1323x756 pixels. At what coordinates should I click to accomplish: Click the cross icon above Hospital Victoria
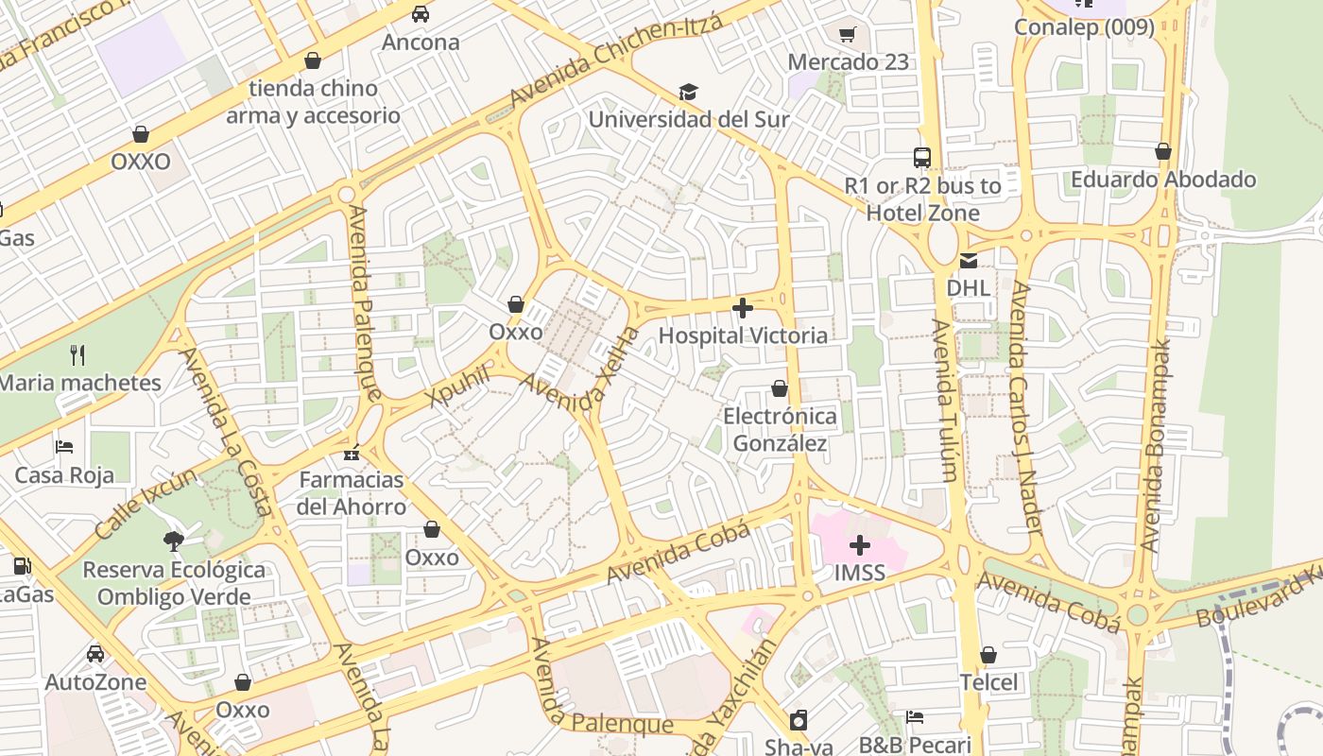[x=743, y=307]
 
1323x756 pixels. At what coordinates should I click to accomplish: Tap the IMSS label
[x=860, y=573]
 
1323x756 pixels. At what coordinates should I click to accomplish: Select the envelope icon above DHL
[x=969, y=261]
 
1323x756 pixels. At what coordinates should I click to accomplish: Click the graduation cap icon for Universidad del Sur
[x=688, y=92]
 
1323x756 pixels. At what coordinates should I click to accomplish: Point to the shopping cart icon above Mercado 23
[x=848, y=34]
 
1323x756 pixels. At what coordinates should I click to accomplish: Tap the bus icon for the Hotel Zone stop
[x=922, y=158]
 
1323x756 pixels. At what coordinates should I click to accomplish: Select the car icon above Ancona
[x=421, y=14]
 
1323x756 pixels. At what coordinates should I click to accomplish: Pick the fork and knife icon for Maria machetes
[x=77, y=355]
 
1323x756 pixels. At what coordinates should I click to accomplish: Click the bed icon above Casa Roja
[x=64, y=446]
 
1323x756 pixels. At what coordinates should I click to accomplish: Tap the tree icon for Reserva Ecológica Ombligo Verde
[x=173, y=541]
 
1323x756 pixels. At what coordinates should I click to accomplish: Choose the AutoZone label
[x=95, y=682]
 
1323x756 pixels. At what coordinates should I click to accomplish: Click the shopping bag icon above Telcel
[x=988, y=655]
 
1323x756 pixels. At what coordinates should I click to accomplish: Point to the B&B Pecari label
[x=915, y=745]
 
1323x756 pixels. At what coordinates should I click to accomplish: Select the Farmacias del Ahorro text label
[x=352, y=493]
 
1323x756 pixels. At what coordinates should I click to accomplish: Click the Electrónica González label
[x=780, y=430]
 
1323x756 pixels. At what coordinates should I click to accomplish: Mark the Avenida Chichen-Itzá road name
[x=616, y=60]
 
